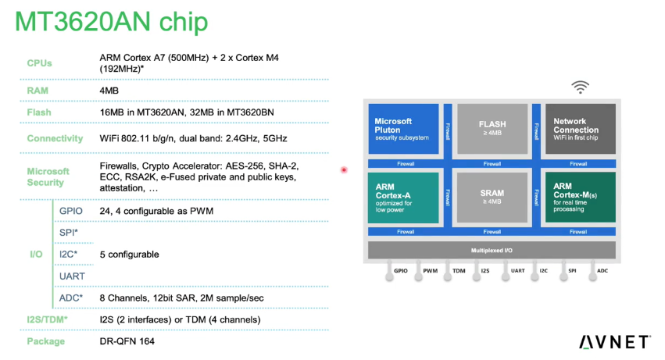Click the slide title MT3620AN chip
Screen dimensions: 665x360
point(112,22)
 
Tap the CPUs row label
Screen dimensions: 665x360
point(39,63)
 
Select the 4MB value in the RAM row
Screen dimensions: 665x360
point(109,91)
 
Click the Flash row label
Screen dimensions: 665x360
point(39,112)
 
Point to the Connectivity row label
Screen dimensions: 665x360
point(55,138)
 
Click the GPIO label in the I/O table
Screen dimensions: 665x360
point(71,211)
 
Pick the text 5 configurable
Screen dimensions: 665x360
point(130,255)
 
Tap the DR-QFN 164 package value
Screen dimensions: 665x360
point(127,341)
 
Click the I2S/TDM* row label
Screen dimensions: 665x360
point(47,319)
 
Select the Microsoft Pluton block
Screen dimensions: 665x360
point(403,129)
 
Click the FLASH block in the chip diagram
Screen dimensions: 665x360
point(492,129)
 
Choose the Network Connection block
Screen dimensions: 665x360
point(580,129)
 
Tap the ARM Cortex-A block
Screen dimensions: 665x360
point(403,197)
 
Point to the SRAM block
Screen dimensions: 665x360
point(492,197)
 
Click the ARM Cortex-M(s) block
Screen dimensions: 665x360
point(580,197)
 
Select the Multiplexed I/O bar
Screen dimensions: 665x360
point(492,250)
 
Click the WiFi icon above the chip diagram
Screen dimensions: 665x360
point(580,87)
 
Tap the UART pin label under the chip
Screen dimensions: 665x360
point(518,270)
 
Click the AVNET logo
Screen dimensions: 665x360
point(614,342)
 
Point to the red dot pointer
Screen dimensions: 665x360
point(344,170)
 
